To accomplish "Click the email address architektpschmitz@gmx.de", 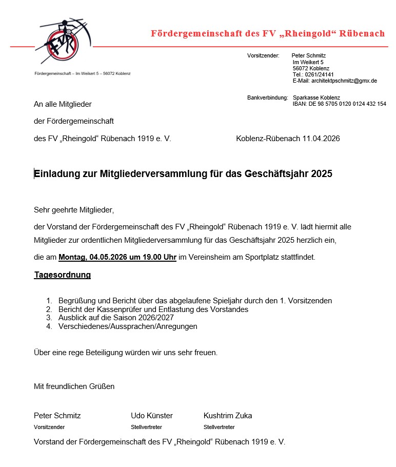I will click(x=334, y=81).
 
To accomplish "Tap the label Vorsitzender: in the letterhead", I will click(x=263, y=55).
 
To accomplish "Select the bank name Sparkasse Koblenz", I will click(x=316, y=98).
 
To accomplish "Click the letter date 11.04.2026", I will click(x=321, y=139).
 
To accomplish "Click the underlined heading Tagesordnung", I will click(x=63, y=275).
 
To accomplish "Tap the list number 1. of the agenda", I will click(x=49, y=301).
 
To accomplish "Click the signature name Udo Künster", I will click(x=152, y=416).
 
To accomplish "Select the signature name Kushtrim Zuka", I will click(x=228, y=416).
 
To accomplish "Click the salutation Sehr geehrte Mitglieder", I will click(x=73, y=210).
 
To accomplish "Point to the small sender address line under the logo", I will click(x=82, y=73).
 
